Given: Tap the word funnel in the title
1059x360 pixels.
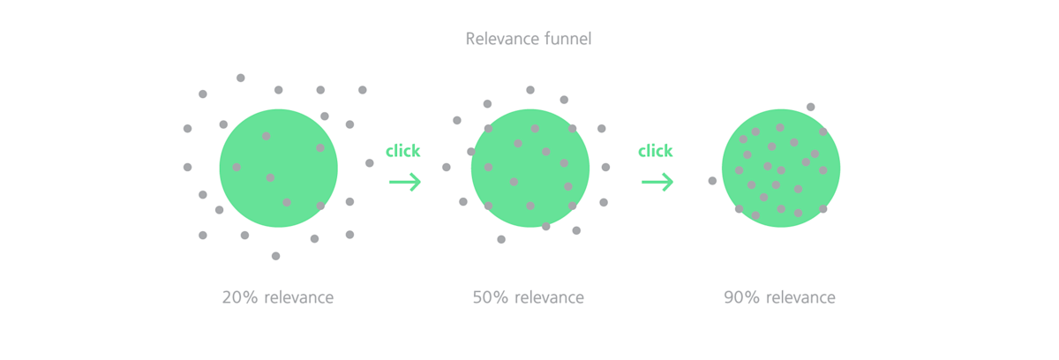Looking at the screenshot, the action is [568, 38].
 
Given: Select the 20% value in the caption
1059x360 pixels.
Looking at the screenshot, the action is [240, 297].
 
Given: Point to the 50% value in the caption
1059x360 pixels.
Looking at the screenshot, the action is [491, 297].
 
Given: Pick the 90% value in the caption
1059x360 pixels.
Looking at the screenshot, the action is [742, 297].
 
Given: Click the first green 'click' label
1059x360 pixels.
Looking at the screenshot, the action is [402, 151].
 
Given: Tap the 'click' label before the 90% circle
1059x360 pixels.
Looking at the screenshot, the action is [655, 151].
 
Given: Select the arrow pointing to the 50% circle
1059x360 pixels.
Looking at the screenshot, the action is [405, 182].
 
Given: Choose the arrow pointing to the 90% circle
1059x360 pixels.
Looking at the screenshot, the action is [657, 182].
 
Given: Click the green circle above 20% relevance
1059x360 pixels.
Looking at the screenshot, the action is [279, 169].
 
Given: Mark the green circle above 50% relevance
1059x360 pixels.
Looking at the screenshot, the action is [530, 169].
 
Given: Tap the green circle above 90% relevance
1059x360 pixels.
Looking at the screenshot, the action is [781, 169].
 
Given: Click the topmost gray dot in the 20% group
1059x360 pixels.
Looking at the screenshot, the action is [241, 78].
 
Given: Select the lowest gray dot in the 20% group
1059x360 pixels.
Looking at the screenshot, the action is [275, 256].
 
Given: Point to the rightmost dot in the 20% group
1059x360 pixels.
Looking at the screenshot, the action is [370, 163].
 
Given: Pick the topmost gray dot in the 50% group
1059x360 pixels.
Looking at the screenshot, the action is [530, 90].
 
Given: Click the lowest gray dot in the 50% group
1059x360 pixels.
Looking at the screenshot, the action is [501, 239].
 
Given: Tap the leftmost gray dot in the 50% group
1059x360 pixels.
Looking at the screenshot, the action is [447, 168].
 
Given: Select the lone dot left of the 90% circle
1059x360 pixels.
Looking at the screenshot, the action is [712, 181].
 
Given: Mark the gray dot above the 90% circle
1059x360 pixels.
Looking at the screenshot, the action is [811, 108].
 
